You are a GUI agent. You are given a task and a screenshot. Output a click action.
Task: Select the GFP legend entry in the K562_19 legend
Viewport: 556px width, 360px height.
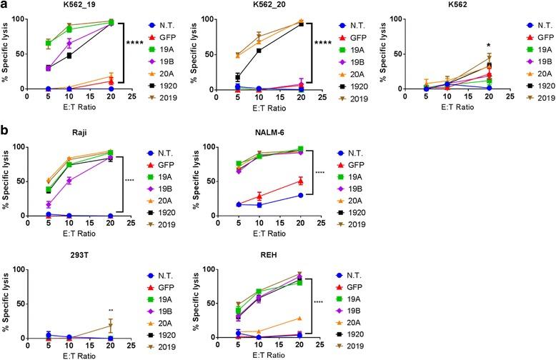[168, 35]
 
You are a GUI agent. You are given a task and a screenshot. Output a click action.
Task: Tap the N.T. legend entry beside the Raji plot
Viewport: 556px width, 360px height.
[168, 154]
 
